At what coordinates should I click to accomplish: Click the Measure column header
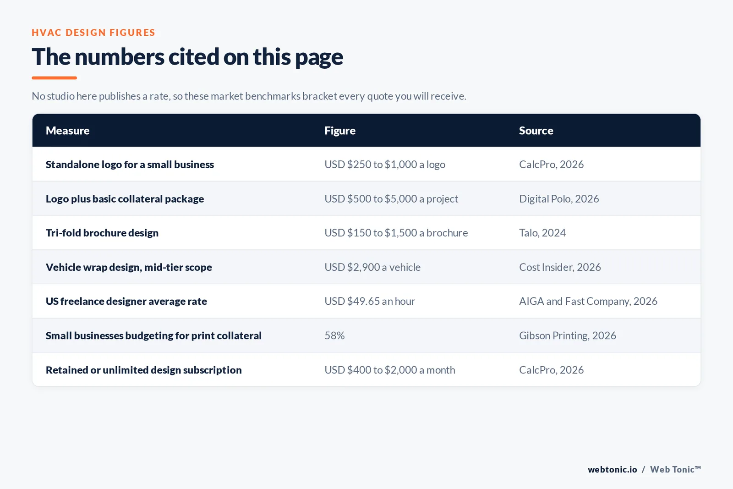point(67,131)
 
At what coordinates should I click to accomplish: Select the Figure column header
point(339,131)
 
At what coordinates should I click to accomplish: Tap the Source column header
point(536,131)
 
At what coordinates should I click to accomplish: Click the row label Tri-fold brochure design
point(102,233)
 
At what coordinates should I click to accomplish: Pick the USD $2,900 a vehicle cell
point(372,267)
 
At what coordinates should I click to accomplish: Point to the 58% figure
point(334,335)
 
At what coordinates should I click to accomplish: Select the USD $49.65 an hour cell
point(370,301)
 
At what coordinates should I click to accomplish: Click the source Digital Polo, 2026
point(559,199)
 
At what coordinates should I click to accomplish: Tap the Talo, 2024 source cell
point(542,233)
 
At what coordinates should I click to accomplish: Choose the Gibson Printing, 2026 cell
point(568,335)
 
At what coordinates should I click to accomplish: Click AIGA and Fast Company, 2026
point(588,301)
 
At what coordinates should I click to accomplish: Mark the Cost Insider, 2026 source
point(560,267)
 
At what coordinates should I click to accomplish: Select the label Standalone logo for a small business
point(130,165)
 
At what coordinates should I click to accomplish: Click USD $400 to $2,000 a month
point(390,370)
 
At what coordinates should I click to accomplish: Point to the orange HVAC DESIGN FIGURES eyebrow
point(93,33)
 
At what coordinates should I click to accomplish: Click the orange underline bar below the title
point(55,78)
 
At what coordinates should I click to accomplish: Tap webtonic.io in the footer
point(612,469)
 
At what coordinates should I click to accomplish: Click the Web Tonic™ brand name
point(675,469)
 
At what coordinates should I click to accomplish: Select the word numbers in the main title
point(120,57)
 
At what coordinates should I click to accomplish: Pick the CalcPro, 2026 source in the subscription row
point(552,370)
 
